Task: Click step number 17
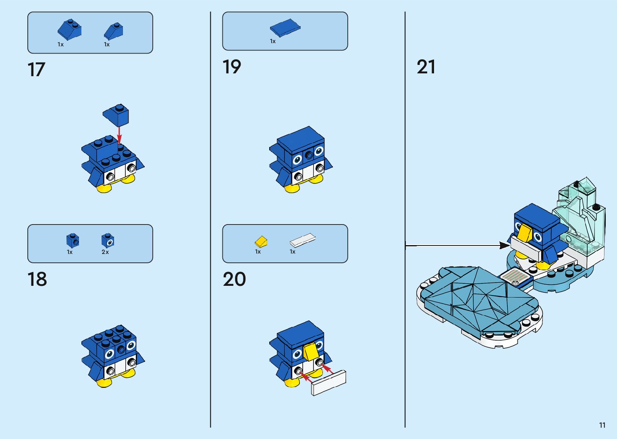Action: [36, 70]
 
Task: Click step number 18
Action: [37, 279]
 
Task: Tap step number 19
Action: [232, 67]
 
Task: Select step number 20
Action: [234, 279]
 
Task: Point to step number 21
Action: [426, 67]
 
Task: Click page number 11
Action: [602, 425]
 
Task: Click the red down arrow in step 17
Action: [119, 133]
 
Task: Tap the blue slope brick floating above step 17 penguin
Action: [117, 114]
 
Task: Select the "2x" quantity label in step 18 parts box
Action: [105, 252]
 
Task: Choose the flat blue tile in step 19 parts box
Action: [285, 27]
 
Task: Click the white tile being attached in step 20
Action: [329, 383]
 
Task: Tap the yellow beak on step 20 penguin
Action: [310, 351]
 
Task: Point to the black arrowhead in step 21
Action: [504, 245]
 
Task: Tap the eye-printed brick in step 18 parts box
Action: [108, 241]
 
